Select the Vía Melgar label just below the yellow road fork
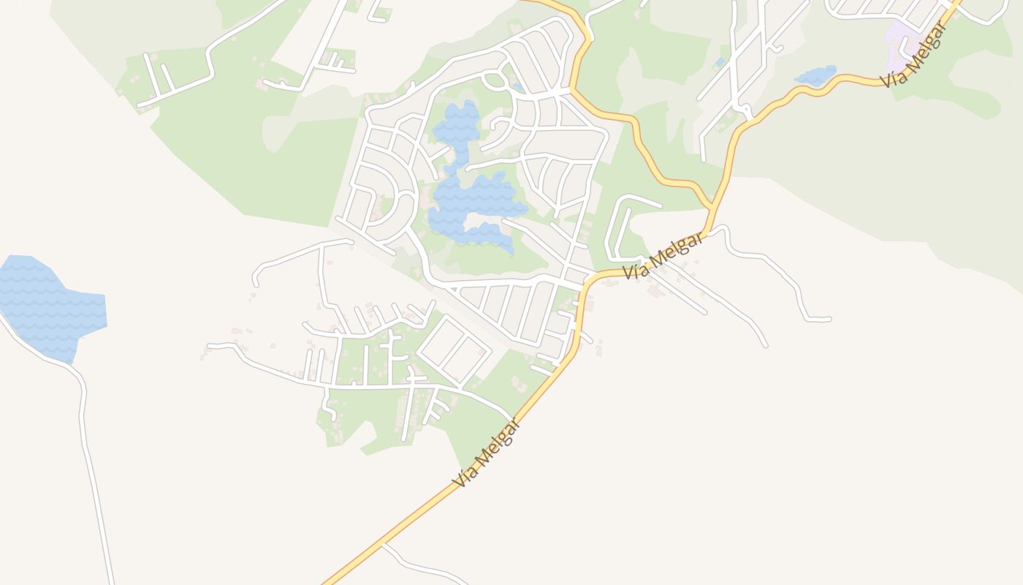tap(663, 256)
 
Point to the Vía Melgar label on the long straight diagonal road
tap(486, 453)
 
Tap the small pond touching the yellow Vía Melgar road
tap(815, 76)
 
